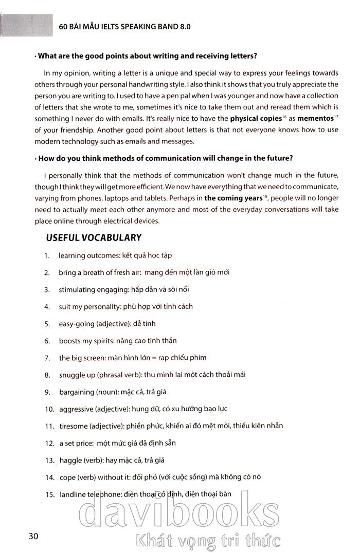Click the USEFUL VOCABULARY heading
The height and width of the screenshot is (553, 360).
coord(93,237)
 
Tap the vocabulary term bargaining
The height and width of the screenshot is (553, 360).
coord(77,392)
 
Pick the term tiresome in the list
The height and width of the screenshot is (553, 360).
coord(73,426)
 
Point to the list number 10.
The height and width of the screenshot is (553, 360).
coord(49,409)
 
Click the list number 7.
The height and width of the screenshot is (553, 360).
coord(47,358)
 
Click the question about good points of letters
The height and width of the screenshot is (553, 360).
coord(147,56)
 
